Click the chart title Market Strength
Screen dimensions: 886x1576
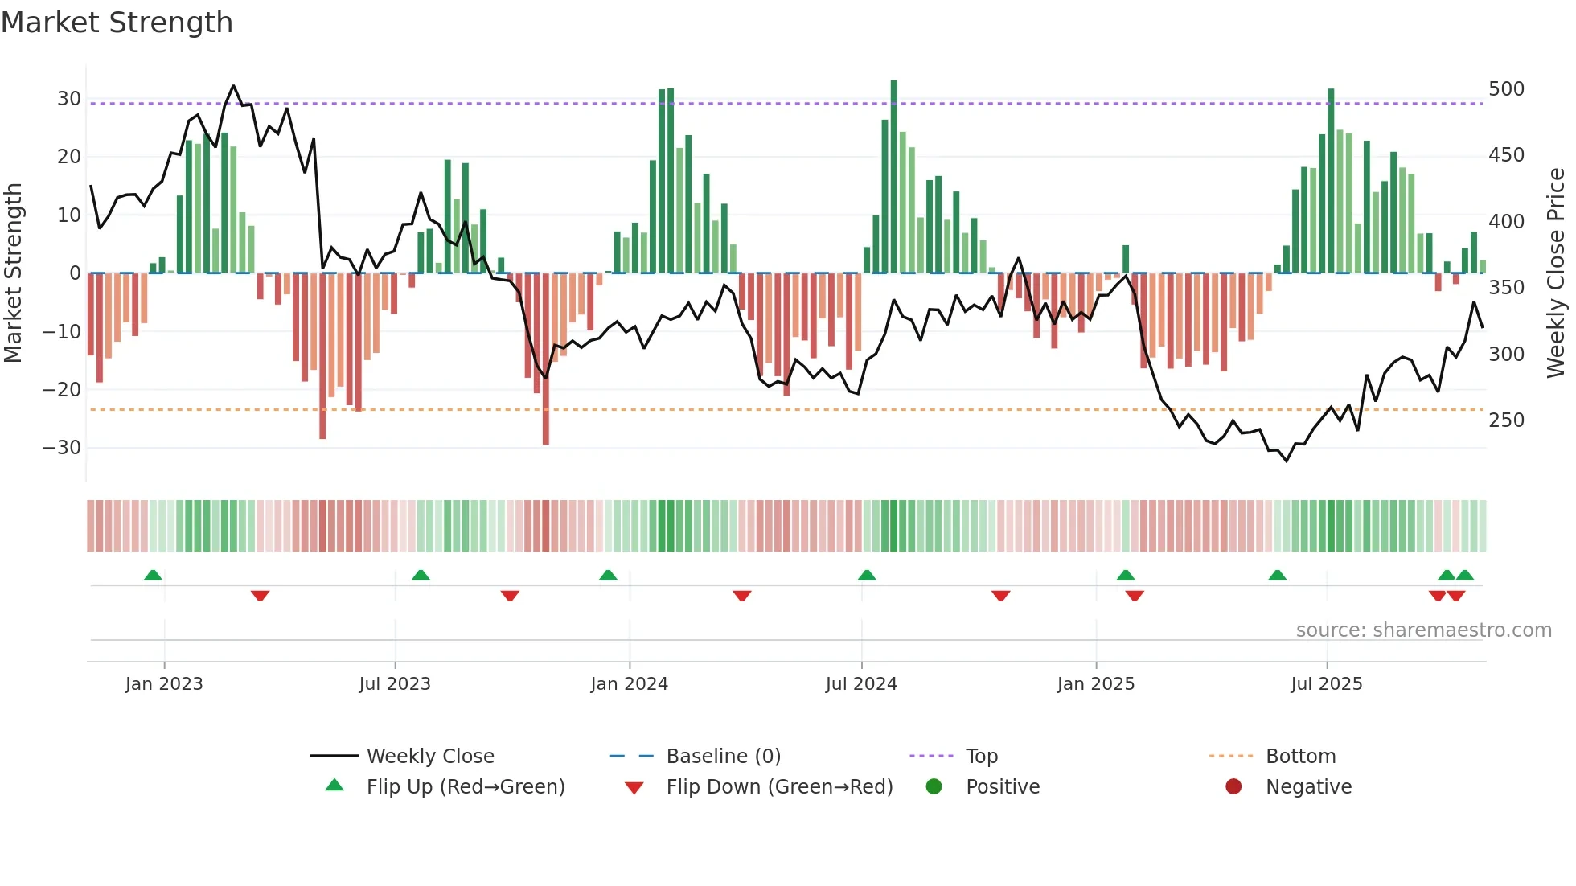coord(117,23)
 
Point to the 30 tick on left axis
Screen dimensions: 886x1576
coord(69,99)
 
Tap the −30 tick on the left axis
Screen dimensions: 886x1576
coord(63,448)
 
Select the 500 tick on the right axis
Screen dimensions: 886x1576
coord(1506,89)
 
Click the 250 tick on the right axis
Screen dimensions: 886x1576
coord(1506,420)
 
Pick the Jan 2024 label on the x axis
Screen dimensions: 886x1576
coord(629,684)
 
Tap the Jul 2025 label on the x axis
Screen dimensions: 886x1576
coord(1326,684)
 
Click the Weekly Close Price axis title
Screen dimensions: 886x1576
coord(1556,273)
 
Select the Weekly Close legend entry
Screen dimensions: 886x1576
coord(429,757)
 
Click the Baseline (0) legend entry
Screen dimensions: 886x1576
coord(723,757)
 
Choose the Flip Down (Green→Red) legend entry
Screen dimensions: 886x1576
coord(778,787)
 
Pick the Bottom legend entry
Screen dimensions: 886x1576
coord(1299,757)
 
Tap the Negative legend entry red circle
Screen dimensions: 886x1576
coord(1233,787)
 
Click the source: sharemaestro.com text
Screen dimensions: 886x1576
coord(1423,630)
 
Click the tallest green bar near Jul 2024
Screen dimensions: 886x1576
coord(893,177)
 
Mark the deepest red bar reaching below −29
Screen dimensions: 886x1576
coord(546,362)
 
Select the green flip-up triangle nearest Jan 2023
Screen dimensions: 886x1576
coord(153,575)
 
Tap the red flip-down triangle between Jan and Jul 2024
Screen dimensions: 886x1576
coord(741,596)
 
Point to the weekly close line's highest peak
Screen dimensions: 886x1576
coord(233,86)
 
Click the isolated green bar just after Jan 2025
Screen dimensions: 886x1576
coord(1126,259)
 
